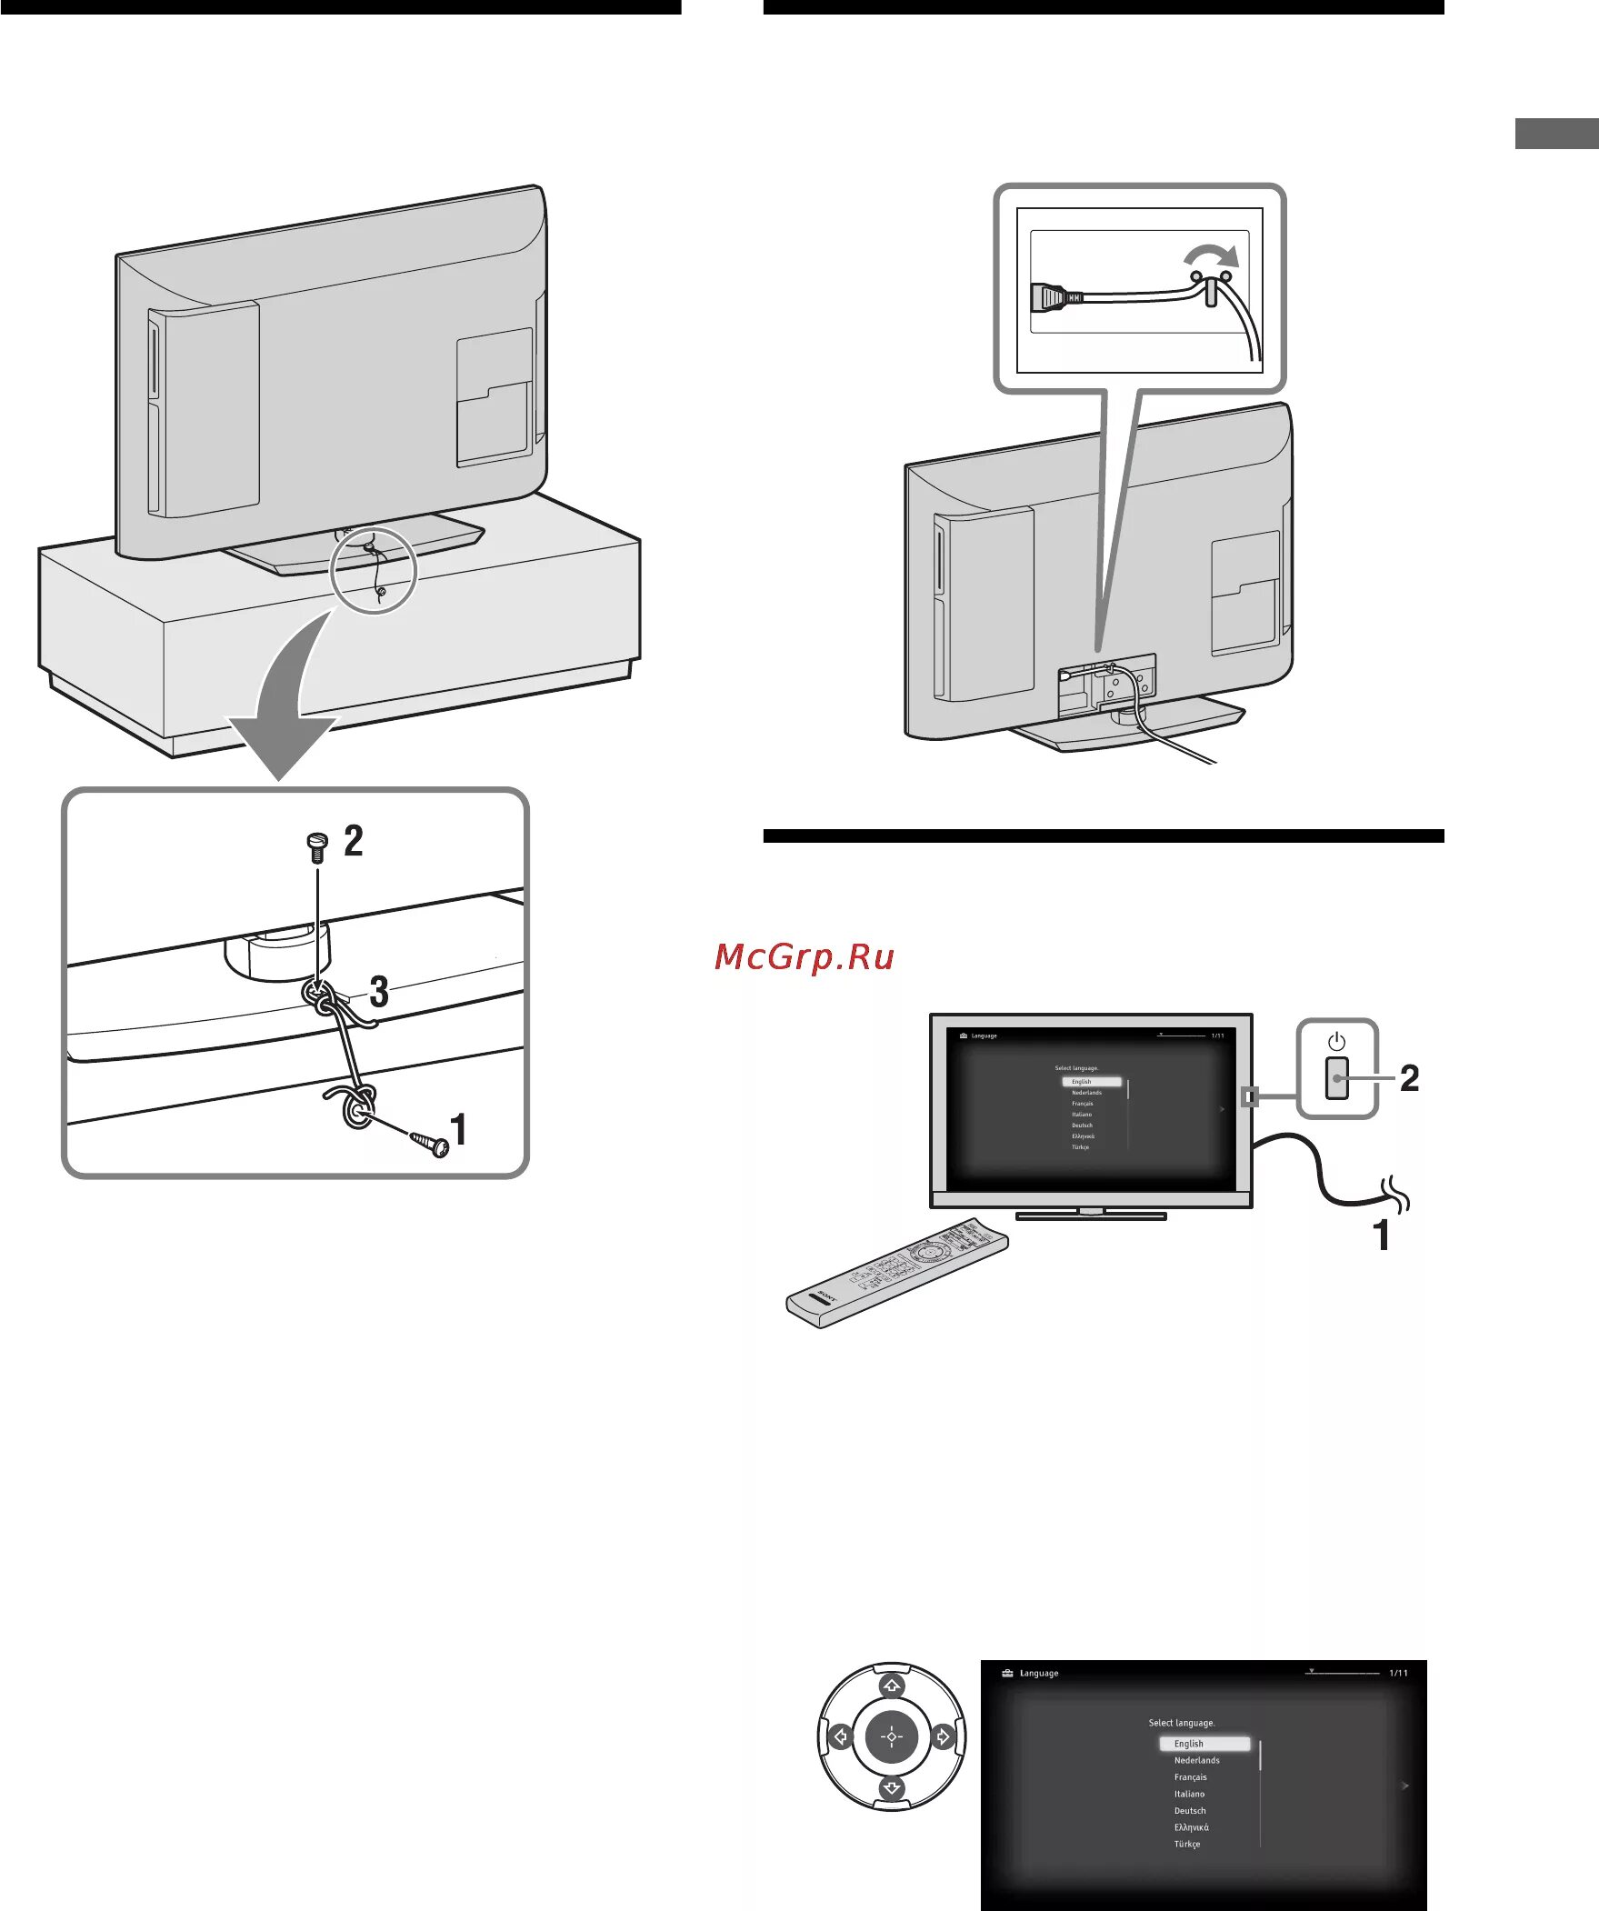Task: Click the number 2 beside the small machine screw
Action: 353,840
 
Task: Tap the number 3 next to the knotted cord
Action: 378,992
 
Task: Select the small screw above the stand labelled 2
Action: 316,847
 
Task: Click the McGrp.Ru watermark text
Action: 804,956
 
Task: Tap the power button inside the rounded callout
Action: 1336,1077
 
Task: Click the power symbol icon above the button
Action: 1336,1041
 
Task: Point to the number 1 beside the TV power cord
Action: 1382,1236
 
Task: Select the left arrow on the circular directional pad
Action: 840,1736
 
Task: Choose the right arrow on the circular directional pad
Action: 944,1736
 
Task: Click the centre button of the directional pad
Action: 892,1736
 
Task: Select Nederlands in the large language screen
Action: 1196,1760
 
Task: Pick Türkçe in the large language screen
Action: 1186,1844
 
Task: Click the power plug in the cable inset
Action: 1049,296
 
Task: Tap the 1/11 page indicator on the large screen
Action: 1398,1673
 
